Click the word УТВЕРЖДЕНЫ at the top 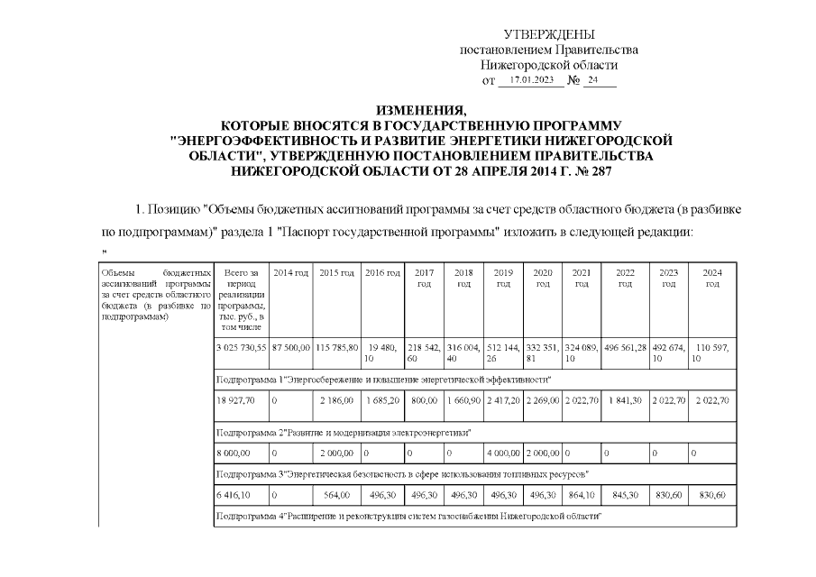(549, 34)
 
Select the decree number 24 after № (592, 80)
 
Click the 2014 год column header (290, 272)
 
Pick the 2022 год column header (624, 278)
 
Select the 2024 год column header (712, 278)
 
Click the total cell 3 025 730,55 (241, 348)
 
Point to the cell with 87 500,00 (290, 348)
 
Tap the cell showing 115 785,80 (336, 348)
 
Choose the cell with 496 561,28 (624, 348)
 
